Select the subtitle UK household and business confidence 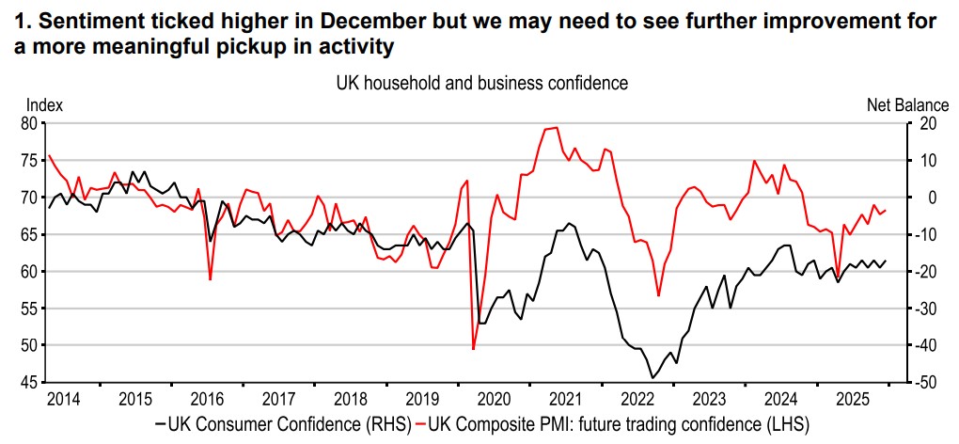tap(481, 83)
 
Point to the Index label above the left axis tap(43, 105)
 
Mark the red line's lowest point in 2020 tap(473, 349)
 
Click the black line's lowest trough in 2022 tap(652, 377)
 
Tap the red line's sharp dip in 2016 tap(210, 278)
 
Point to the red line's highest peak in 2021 tap(556, 127)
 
